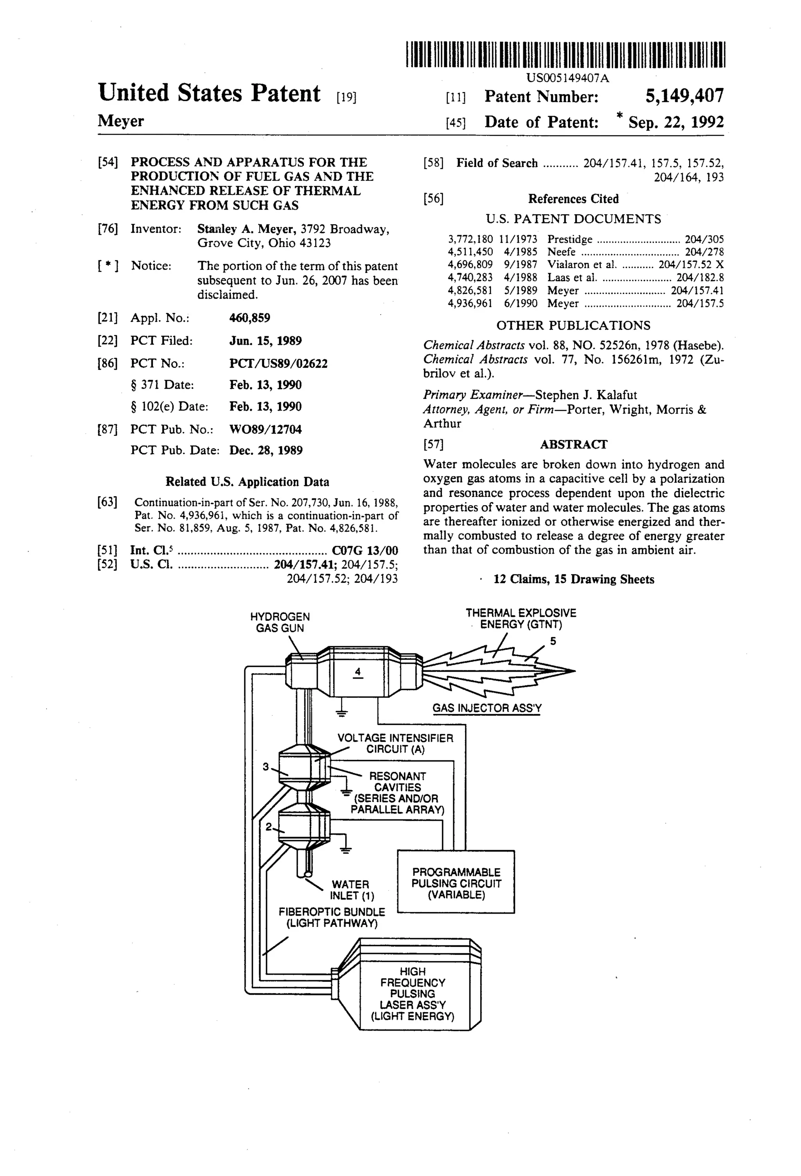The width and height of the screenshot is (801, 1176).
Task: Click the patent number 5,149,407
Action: (x=684, y=96)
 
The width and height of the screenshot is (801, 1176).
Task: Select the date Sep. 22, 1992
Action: (x=675, y=122)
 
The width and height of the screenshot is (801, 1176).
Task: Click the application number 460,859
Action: (x=250, y=318)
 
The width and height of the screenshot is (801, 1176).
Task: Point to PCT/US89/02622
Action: (x=278, y=363)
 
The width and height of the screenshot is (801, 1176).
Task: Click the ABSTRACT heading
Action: (x=573, y=444)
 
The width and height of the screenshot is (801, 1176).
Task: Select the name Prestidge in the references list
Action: (x=569, y=239)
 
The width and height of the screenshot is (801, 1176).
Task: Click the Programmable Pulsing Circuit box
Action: (x=456, y=883)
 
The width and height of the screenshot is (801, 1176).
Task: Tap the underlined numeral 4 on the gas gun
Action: (x=357, y=672)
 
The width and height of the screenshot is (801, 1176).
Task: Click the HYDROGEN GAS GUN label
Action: (x=280, y=622)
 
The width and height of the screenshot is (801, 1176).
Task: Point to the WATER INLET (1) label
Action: (x=352, y=889)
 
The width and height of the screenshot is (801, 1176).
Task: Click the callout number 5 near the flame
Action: (x=553, y=641)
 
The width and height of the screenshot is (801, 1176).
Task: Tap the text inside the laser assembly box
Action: (x=413, y=993)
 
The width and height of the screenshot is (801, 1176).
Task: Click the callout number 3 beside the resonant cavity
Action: (x=265, y=767)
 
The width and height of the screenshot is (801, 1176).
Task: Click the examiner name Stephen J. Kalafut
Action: (x=586, y=395)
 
